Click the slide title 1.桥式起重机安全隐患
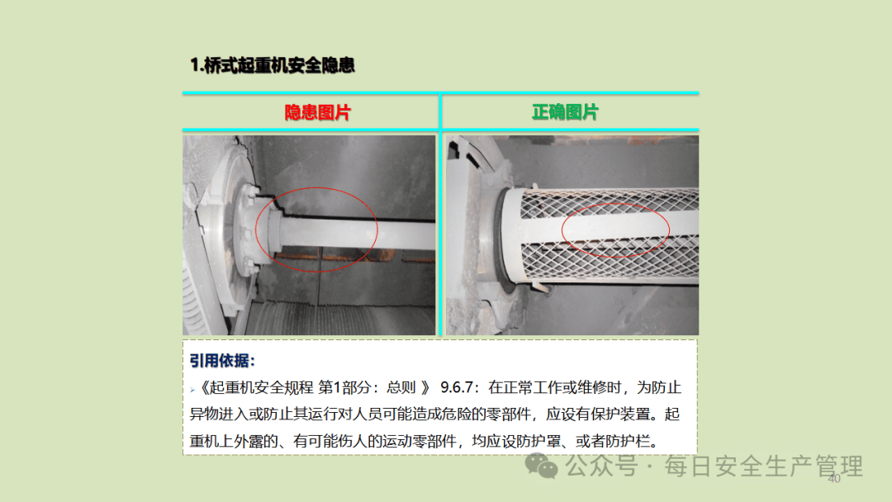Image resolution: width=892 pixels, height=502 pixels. (x=272, y=65)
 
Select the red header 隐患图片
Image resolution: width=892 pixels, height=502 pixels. (x=317, y=112)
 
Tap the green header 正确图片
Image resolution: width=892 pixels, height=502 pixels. (x=565, y=112)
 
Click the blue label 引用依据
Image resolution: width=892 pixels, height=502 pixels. (x=222, y=361)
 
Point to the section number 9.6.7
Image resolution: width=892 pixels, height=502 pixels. (x=456, y=387)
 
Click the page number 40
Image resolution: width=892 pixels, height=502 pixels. (x=834, y=479)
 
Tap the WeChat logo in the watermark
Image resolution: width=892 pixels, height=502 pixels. (x=540, y=466)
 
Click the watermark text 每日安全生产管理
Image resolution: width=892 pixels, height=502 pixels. (x=763, y=466)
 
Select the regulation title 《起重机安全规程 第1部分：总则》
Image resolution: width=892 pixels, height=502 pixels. (x=314, y=387)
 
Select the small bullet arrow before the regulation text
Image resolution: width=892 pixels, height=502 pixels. (x=192, y=390)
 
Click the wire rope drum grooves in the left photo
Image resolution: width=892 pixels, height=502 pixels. (x=341, y=319)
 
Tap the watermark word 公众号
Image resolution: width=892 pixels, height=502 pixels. (x=601, y=466)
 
